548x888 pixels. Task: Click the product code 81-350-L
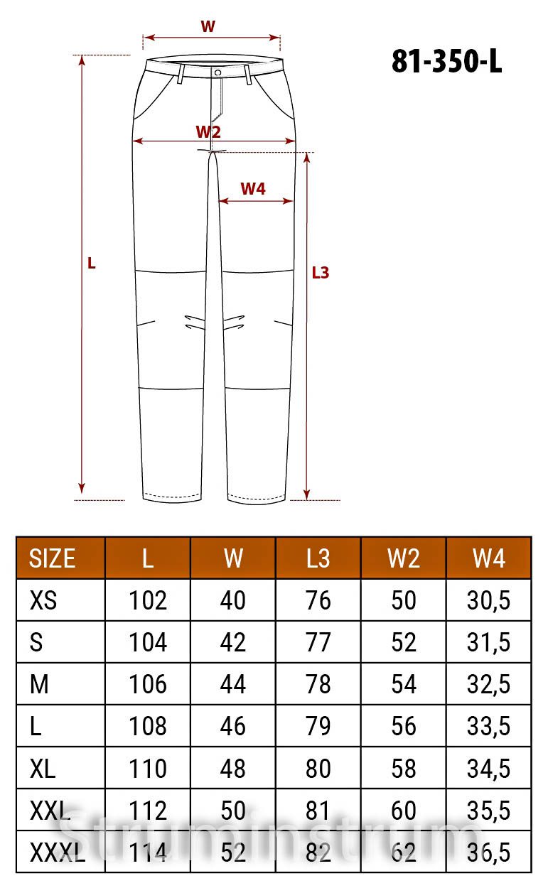click(x=446, y=61)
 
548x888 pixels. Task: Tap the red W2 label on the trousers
click(x=208, y=131)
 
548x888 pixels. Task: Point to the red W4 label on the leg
click(x=253, y=189)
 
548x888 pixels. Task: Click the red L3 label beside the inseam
click(x=321, y=273)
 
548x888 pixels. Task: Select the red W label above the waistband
click(x=208, y=26)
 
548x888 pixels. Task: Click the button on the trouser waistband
click(x=217, y=73)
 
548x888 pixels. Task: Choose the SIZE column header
click(x=52, y=558)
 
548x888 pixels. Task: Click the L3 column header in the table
click(x=318, y=558)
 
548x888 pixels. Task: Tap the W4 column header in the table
click(x=489, y=558)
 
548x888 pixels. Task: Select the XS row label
click(x=43, y=600)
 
